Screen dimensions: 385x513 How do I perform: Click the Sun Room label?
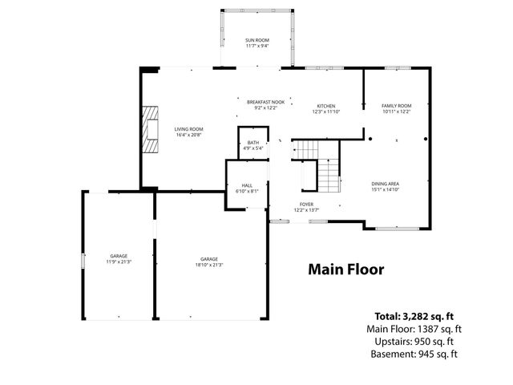pos(257,39)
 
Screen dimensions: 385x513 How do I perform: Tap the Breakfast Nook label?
pos(265,102)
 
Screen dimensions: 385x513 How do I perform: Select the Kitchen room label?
pos(325,106)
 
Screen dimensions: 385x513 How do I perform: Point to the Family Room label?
pos(395,106)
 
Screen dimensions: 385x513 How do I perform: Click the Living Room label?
pos(189,129)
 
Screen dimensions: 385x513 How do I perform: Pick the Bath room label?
pos(252,143)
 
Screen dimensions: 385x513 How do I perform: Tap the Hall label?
pos(247,185)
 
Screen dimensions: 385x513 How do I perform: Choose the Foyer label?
pos(306,205)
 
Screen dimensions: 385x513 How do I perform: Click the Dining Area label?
pos(385,184)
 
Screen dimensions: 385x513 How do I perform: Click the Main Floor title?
pos(346,269)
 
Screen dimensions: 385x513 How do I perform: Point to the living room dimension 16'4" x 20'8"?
pos(189,134)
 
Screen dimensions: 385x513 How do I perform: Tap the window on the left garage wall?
pos(83,261)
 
